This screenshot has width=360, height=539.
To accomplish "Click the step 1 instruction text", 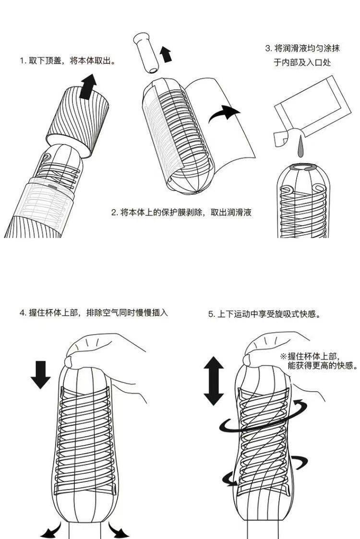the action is point(67,61).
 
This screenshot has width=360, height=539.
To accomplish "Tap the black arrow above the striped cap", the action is point(88,86).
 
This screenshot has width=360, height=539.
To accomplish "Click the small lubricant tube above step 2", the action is point(146,52).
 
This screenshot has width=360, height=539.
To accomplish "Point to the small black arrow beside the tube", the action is point(166,54).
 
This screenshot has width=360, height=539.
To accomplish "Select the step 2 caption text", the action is point(181,212).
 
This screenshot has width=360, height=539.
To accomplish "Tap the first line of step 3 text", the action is point(302,48).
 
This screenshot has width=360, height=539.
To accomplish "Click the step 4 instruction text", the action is point(94,312).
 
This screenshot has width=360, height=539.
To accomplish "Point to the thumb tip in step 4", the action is point(69,362).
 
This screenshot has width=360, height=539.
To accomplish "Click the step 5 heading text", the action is point(264,314).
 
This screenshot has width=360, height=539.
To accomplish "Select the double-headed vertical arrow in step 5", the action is point(214,381).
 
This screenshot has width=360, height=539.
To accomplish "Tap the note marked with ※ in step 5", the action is point(318,360).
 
